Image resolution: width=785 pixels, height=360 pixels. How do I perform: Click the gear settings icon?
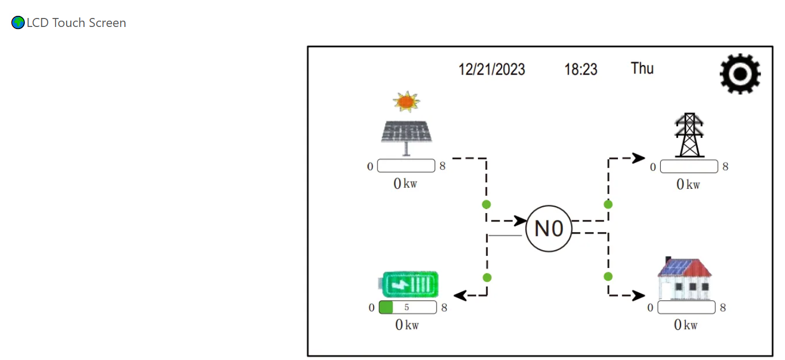[x=740, y=74]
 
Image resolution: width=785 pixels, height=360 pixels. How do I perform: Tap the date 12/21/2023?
[x=492, y=69]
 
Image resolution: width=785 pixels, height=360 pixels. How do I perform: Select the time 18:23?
[x=581, y=69]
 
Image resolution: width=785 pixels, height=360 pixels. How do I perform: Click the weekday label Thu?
[x=642, y=68]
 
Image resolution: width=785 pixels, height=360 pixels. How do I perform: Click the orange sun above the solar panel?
[x=406, y=101]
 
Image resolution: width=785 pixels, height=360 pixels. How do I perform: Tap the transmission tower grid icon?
[x=689, y=135]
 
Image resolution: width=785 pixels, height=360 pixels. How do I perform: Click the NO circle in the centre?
[x=549, y=228]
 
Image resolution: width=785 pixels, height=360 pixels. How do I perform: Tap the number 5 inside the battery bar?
[x=407, y=307]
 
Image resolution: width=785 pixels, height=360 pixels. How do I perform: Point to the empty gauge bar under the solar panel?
[x=406, y=166]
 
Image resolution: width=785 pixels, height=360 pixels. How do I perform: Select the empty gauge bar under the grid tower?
[x=689, y=167]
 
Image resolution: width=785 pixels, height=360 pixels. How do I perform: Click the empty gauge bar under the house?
[x=686, y=307]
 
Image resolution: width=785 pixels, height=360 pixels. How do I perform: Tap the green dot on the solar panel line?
[x=486, y=204]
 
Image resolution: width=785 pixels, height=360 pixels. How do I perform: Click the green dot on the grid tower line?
[x=608, y=204]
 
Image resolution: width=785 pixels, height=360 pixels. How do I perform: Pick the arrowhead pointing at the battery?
[x=460, y=296]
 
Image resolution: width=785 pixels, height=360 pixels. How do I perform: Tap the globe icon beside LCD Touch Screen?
[x=18, y=23]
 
